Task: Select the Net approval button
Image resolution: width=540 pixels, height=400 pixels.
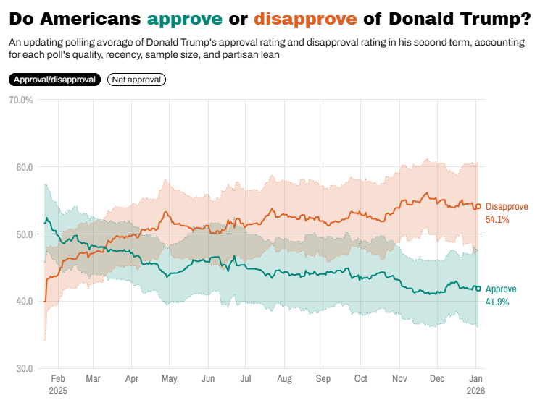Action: (136, 80)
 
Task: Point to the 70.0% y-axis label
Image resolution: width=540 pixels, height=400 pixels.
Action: (20, 100)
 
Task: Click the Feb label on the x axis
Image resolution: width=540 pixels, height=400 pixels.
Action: (59, 378)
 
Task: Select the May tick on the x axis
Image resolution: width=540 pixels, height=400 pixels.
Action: (169, 378)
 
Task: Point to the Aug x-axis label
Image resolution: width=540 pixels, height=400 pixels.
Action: (284, 378)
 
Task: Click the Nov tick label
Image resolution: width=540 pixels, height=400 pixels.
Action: (399, 378)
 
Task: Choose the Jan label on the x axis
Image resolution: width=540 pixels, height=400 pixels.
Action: (475, 378)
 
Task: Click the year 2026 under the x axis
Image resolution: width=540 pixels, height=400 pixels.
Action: (475, 390)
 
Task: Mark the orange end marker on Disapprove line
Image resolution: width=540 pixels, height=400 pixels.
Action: (478, 207)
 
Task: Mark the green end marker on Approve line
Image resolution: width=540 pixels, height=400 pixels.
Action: (478, 289)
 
